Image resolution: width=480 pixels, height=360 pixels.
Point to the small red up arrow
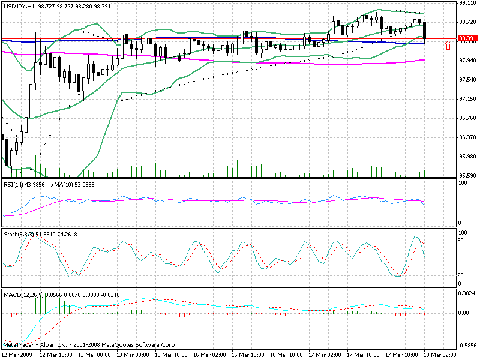pyautogui.click(x=448, y=46)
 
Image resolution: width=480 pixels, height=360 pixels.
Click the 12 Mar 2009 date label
pyautogui.click(x=16, y=355)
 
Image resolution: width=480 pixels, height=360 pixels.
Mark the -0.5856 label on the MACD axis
pyautogui.click(x=467, y=346)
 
